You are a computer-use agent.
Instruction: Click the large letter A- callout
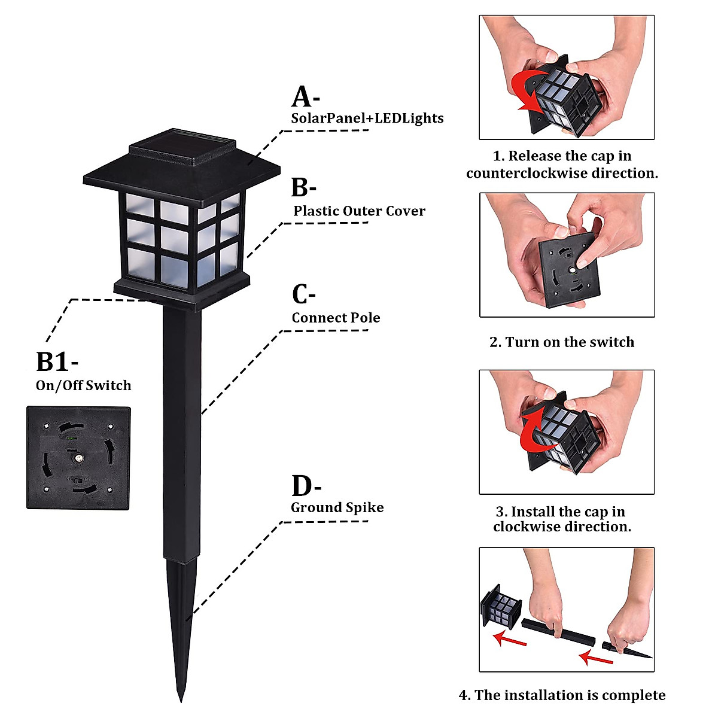[x=305, y=96]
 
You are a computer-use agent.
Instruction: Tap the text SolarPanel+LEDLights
[x=367, y=118]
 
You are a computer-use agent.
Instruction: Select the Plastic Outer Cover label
[x=359, y=211]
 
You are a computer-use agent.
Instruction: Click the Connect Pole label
[x=336, y=318]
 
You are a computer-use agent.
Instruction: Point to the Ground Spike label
[x=337, y=507]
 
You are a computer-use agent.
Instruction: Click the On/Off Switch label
[x=83, y=385]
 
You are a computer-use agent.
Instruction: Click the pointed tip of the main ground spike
[x=181, y=702]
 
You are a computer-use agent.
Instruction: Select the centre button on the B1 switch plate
[x=79, y=458]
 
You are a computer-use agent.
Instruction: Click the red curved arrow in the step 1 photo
[x=527, y=92]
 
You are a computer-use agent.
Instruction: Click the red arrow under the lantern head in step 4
[x=510, y=638]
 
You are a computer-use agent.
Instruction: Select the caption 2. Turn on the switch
[x=562, y=342]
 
